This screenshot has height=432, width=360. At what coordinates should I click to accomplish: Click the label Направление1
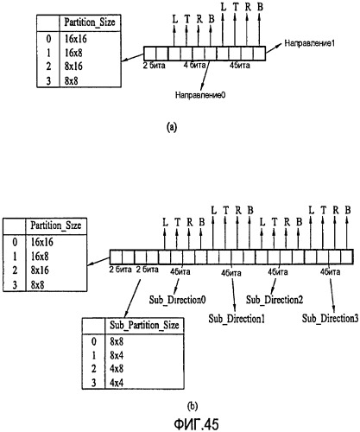point(309,43)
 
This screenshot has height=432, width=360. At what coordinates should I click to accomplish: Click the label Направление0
point(200,95)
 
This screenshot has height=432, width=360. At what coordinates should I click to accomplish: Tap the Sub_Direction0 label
point(178,300)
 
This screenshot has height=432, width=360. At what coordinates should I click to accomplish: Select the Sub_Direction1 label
point(237,319)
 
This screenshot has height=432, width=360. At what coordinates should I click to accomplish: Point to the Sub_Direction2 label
point(275,300)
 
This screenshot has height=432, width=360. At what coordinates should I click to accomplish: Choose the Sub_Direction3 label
point(331,319)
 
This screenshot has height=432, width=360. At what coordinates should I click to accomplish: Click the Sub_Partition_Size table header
point(144,326)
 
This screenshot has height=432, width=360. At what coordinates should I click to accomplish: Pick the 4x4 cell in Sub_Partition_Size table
point(117,383)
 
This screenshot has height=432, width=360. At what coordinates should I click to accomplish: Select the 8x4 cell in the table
point(117,356)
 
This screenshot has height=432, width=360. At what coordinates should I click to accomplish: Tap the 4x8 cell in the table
point(117,369)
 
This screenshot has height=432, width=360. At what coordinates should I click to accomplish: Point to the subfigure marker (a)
point(172,127)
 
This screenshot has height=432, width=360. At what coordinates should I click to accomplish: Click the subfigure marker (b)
point(193,406)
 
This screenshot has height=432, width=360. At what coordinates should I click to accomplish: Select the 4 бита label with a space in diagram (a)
point(194,66)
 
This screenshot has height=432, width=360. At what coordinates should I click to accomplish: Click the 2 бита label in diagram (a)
point(155,66)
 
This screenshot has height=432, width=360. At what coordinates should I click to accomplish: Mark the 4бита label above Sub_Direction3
point(330,271)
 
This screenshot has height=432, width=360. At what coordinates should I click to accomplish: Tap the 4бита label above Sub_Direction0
point(180,271)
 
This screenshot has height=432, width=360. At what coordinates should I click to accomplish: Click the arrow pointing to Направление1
point(274,48)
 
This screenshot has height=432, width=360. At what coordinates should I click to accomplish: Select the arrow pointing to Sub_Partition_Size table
point(132,299)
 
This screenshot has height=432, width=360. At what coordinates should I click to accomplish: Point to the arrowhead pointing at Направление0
point(202,87)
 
